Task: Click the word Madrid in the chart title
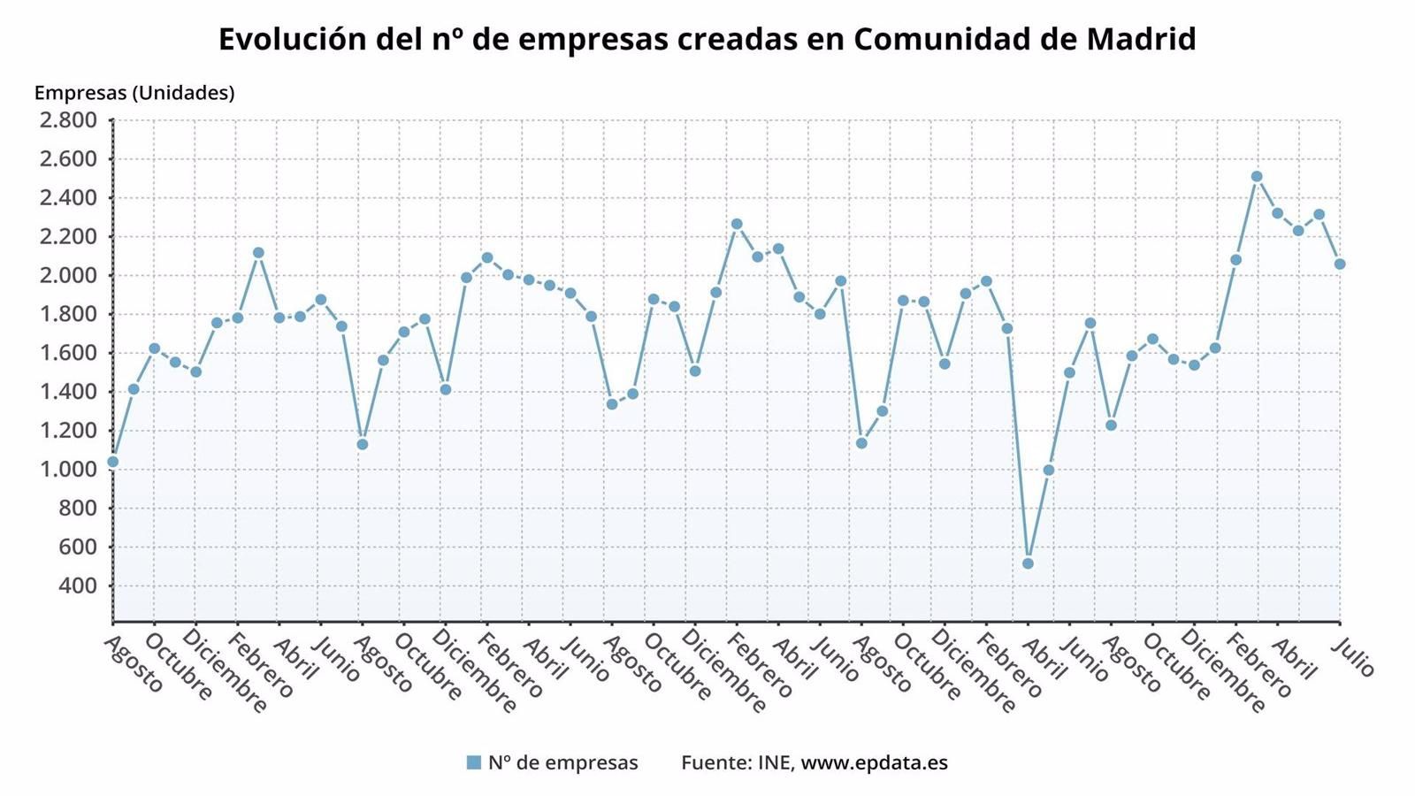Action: [1141, 39]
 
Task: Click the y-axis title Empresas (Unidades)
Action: [134, 93]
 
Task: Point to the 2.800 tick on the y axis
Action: [67, 120]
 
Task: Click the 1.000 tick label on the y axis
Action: [67, 470]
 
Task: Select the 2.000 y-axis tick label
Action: [67, 275]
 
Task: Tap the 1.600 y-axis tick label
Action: [67, 353]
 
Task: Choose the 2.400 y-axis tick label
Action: [67, 198]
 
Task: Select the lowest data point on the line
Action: [1028, 563]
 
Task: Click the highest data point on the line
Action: [1257, 176]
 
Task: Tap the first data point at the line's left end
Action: [112, 462]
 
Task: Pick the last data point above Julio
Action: [1340, 264]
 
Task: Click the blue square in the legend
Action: [474, 762]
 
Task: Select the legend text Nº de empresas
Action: [562, 762]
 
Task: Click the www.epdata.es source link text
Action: [874, 762]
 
